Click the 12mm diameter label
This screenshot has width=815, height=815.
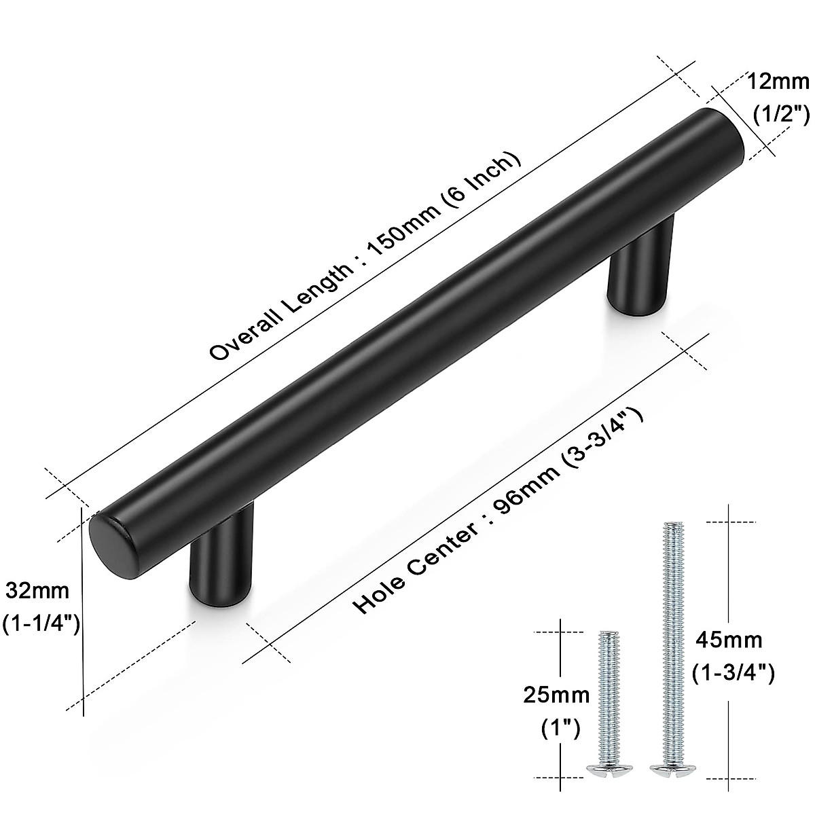click(x=778, y=83)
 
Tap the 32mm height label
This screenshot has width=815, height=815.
click(x=38, y=591)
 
